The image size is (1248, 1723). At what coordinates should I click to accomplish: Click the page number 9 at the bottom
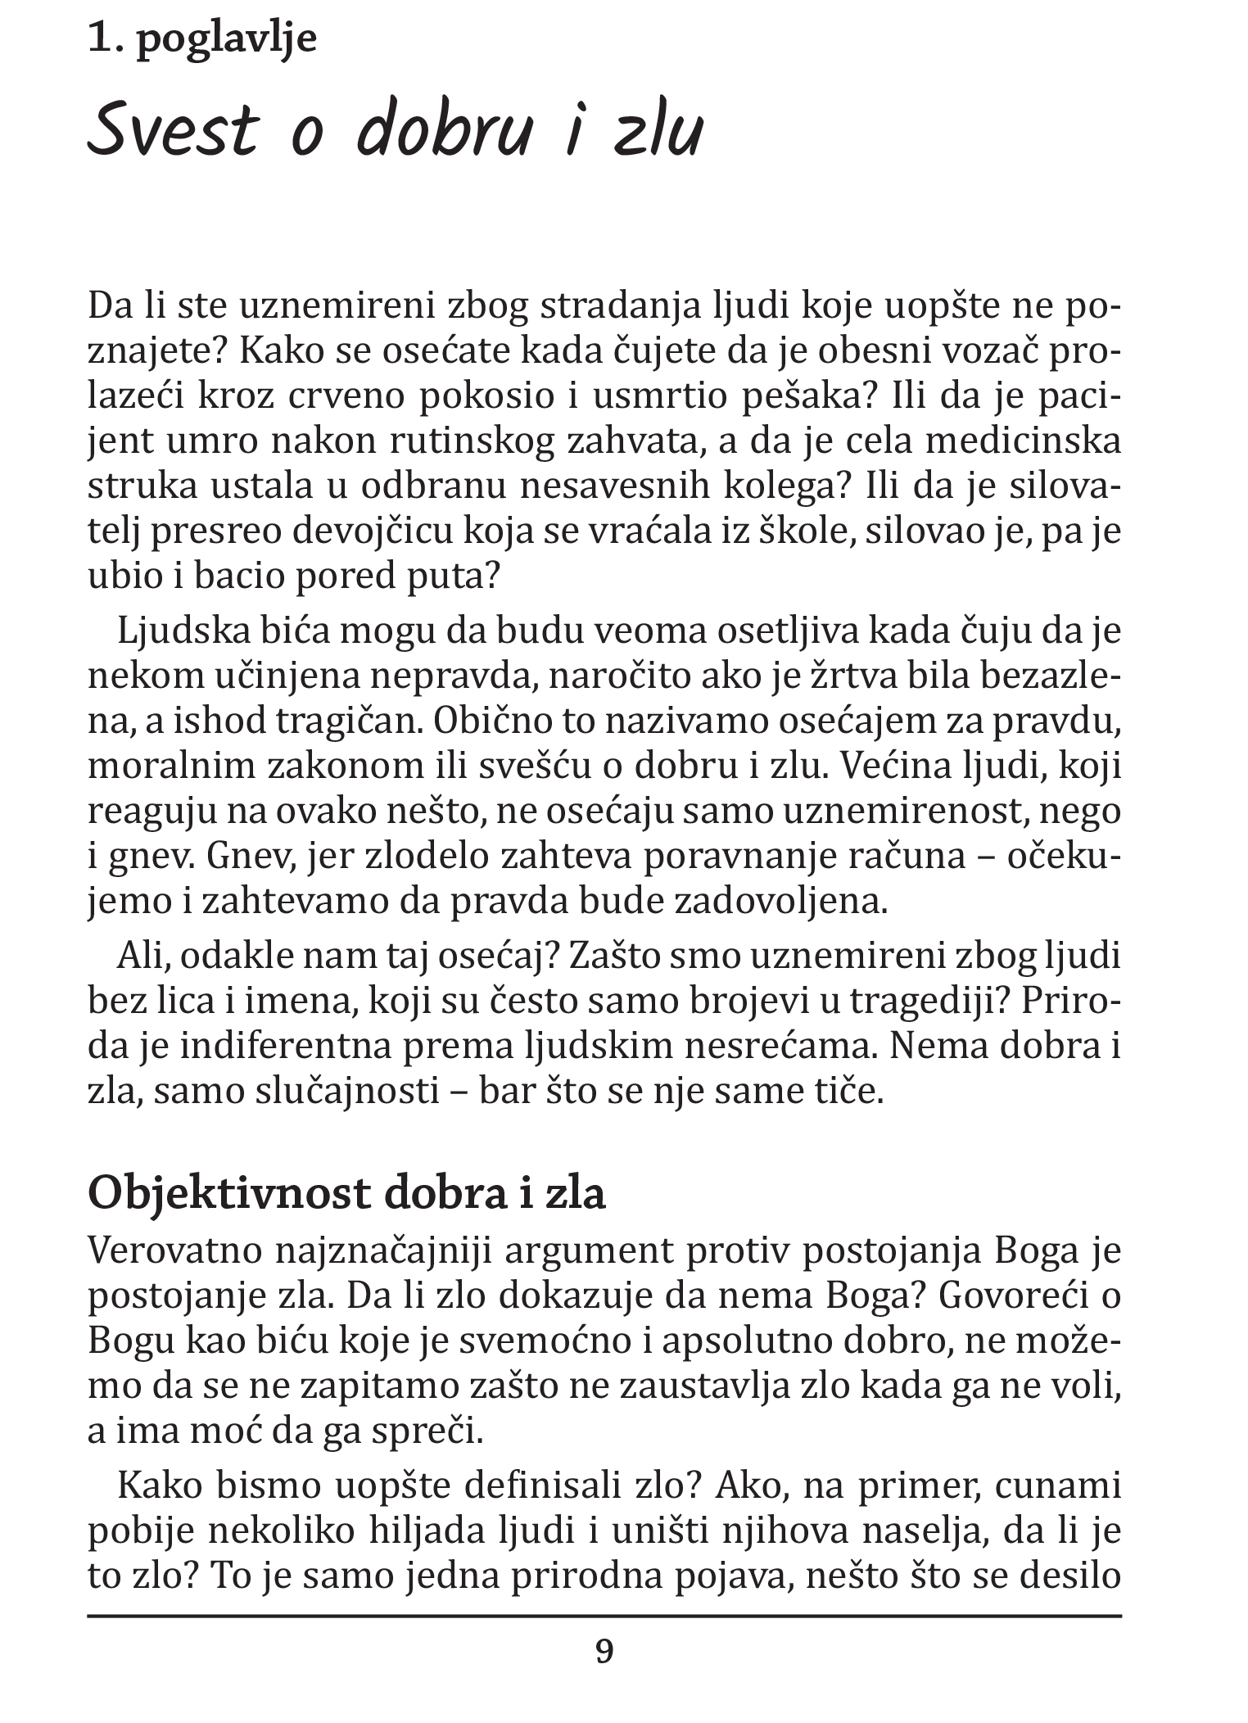604,1652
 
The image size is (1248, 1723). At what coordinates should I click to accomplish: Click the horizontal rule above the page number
604,1616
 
